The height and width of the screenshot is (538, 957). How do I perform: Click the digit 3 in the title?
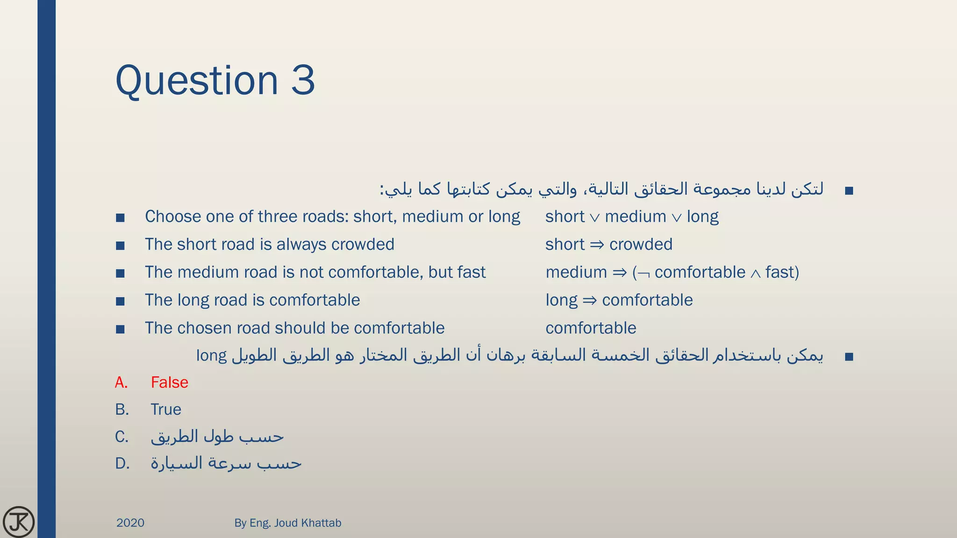click(303, 80)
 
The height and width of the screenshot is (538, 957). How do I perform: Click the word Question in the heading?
click(197, 80)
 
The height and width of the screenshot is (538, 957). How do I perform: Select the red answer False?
click(169, 382)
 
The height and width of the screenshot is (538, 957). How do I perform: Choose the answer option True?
click(165, 410)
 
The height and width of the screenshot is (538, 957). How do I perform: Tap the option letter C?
click(121, 437)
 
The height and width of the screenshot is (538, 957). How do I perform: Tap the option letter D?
click(122, 464)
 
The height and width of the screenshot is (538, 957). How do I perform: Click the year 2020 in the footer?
click(130, 523)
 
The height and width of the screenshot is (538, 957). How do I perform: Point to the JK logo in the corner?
click(19, 522)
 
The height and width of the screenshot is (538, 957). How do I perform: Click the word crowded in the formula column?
click(641, 244)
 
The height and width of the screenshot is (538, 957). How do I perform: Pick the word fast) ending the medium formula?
click(782, 272)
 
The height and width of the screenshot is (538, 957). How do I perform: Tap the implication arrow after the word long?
click(590, 300)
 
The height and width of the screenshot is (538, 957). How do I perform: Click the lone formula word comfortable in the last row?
click(591, 328)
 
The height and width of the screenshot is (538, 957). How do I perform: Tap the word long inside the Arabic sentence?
click(211, 356)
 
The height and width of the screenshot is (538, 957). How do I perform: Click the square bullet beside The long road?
click(120, 301)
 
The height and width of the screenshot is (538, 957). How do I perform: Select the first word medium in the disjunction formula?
click(635, 217)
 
